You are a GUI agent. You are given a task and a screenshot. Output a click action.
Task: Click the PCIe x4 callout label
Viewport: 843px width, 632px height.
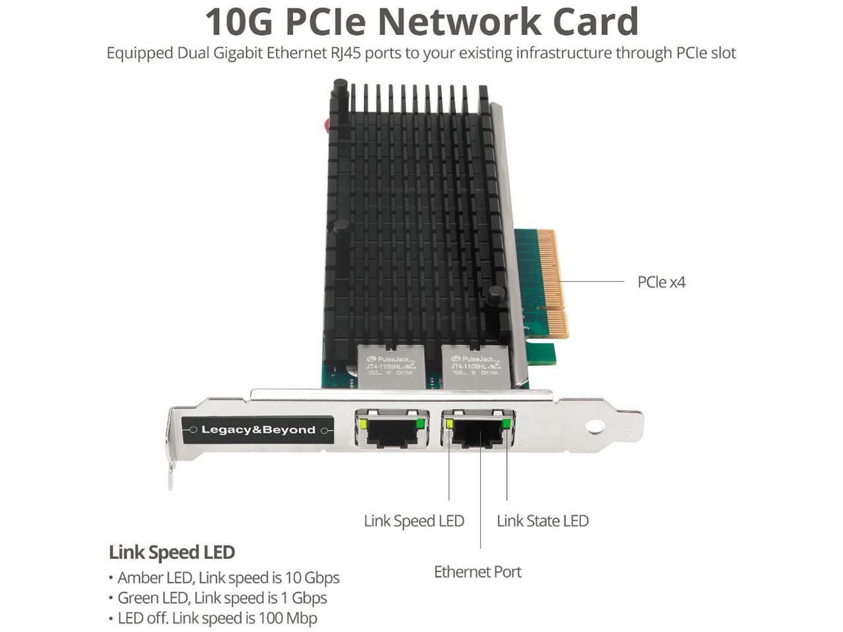coord(661,282)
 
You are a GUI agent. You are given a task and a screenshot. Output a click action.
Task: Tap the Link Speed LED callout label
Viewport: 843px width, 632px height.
coord(414,521)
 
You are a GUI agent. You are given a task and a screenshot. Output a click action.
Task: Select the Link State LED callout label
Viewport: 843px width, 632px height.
coord(542,521)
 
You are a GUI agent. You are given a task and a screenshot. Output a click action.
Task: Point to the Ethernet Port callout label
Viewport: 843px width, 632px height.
coord(477,572)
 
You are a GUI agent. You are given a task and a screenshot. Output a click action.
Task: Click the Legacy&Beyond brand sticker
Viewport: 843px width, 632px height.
coord(258,430)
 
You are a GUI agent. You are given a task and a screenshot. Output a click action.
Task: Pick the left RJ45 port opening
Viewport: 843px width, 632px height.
coord(393,433)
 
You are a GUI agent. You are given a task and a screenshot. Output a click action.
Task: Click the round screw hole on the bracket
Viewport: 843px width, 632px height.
coord(595,427)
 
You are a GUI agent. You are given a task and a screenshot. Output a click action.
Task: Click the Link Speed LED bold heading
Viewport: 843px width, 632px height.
coord(172,552)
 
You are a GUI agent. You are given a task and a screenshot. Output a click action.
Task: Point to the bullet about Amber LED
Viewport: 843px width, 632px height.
coord(228,578)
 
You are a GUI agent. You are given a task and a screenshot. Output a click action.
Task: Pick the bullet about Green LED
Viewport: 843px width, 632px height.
coord(221,598)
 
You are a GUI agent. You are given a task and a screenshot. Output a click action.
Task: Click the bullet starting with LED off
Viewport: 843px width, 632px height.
coord(217,618)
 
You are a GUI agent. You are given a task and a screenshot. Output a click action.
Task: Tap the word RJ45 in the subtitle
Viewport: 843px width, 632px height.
coord(344,53)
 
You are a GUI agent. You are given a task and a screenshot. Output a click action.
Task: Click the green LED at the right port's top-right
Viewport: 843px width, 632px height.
coord(506,423)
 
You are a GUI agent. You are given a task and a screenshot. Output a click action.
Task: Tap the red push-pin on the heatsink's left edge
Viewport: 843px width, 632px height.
coord(326,125)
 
